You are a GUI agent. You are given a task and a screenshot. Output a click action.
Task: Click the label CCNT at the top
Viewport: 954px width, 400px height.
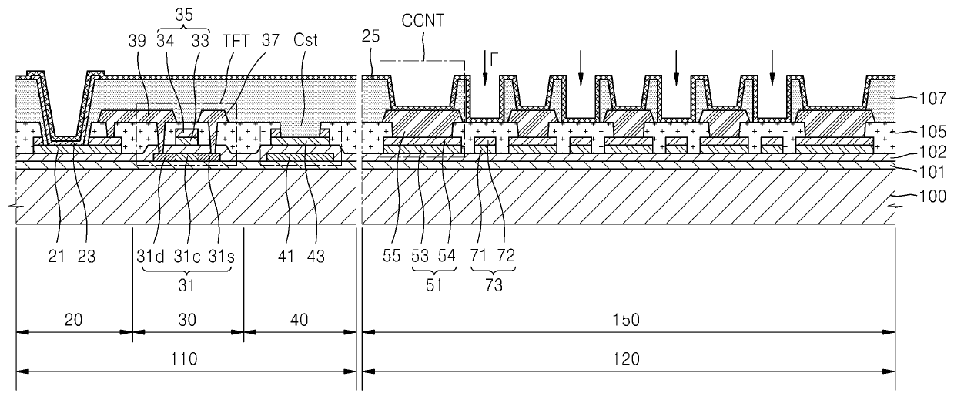tap(423, 21)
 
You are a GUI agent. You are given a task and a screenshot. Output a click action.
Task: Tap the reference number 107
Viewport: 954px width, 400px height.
tap(932, 99)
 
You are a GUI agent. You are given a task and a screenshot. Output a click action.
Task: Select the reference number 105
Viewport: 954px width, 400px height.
tap(932, 132)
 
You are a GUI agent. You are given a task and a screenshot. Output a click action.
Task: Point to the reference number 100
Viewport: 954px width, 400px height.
tap(932, 197)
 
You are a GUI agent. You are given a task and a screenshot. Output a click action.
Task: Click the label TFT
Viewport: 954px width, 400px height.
tap(236, 41)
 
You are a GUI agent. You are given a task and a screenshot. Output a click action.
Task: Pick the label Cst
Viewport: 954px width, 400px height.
tap(306, 40)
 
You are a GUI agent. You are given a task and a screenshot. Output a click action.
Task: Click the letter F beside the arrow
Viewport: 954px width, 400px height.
tap(494, 59)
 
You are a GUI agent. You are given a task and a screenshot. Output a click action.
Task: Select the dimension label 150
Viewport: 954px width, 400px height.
tap(626, 320)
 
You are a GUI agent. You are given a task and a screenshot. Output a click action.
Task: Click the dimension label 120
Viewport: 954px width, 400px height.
tap(626, 359)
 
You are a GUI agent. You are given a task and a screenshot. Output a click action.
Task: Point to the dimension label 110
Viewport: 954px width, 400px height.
tap(183, 359)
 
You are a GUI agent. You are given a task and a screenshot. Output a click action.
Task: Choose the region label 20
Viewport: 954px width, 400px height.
tap(73, 320)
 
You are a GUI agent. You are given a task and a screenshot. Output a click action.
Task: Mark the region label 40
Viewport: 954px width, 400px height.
tap(299, 320)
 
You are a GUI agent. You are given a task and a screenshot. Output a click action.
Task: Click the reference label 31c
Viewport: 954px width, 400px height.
tap(187, 257)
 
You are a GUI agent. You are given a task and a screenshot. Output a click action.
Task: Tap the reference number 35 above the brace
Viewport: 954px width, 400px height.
tap(184, 15)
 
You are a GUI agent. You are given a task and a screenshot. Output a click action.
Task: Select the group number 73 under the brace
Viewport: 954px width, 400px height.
tap(494, 285)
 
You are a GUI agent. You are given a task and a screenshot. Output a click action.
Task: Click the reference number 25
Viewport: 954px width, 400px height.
tap(370, 36)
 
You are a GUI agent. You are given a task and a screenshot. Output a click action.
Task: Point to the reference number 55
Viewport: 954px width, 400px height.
tap(391, 256)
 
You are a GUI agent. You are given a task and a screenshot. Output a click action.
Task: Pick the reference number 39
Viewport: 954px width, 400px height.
tap(137, 41)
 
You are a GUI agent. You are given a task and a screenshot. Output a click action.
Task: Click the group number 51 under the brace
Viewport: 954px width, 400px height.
tap(434, 285)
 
